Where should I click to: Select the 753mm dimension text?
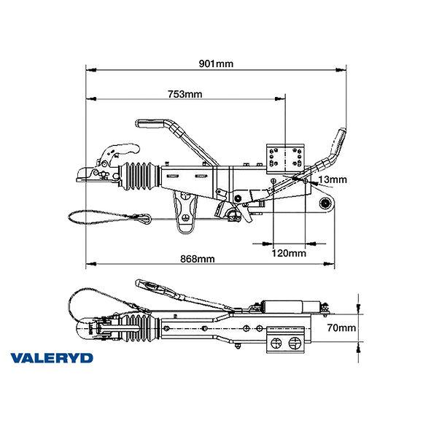(x=185, y=94)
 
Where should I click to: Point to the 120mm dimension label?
(x=288, y=253)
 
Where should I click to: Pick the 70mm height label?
(x=341, y=328)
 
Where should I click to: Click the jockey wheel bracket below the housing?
(x=187, y=212)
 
